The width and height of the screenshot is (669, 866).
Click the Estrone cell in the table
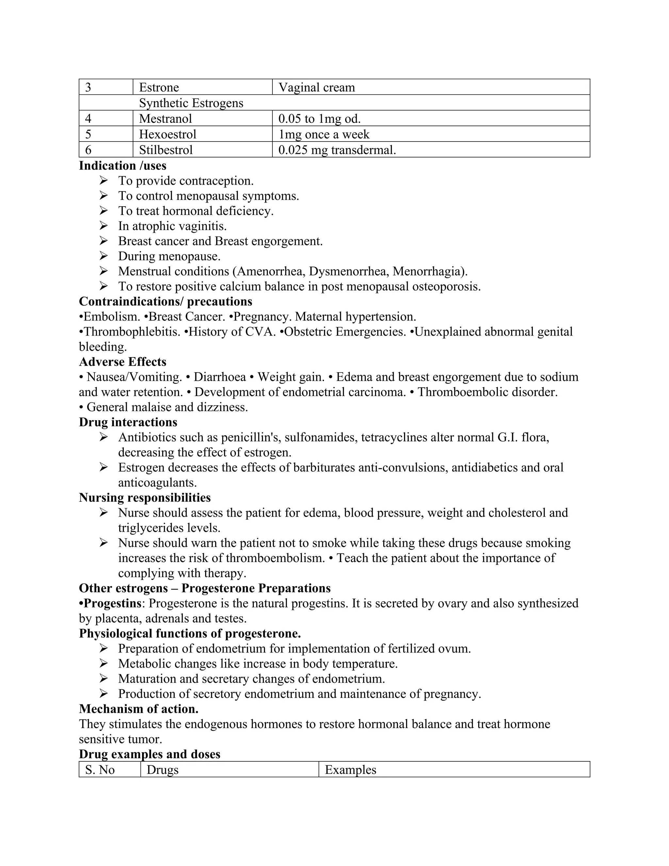[x=159, y=87]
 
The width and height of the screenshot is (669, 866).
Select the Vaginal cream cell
[x=316, y=87]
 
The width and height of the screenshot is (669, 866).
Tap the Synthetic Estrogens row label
[x=191, y=103]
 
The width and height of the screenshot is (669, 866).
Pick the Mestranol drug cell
[x=165, y=119]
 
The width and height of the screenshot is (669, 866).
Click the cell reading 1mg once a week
[x=323, y=134]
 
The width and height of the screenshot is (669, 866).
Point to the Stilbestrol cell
[x=166, y=150]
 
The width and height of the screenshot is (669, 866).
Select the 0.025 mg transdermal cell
[x=337, y=150]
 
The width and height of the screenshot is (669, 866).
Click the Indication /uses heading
[x=122, y=165]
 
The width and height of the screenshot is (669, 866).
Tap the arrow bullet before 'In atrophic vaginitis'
[x=104, y=226]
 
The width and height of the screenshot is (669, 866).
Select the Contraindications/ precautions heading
[x=165, y=301]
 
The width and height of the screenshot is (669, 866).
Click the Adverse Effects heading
[x=122, y=362]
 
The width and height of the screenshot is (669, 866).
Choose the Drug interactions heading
[x=128, y=422]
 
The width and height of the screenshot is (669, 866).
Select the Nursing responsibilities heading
[x=145, y=497]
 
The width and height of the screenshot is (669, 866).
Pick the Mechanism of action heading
[x=139, y=708]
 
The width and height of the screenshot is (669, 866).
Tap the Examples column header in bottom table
[x=351, y=770]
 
